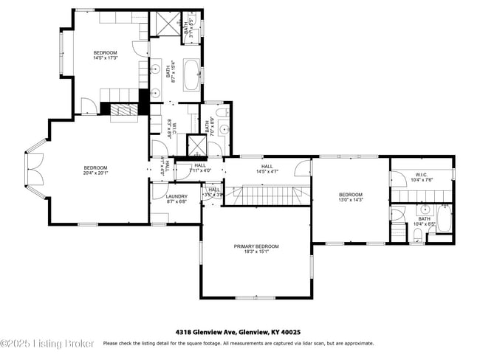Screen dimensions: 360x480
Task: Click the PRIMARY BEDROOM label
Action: (256, 246)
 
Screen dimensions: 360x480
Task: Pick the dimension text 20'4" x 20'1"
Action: (95, 173)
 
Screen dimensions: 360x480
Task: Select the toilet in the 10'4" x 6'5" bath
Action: (416, 235)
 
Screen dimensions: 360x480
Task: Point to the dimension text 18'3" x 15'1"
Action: (256, 252)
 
